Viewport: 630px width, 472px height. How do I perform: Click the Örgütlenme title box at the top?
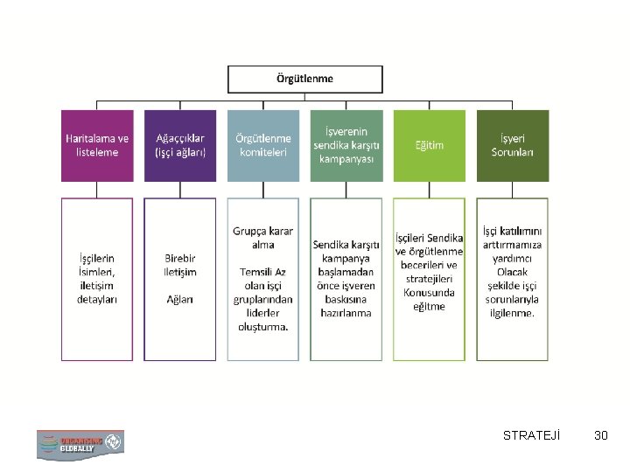[x=304, y=79]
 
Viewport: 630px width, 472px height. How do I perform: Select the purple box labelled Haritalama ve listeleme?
[x=96, y=145]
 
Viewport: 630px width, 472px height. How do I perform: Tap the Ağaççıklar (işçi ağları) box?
[x=179, y=145]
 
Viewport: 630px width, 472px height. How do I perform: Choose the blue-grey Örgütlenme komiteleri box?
[x=262, y=145]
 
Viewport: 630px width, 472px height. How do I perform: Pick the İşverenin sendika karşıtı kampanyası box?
[x=346, y=145]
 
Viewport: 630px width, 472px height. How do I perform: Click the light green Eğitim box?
[x=429, y=145]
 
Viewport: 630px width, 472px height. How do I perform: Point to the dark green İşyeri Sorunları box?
[x=513, y=145]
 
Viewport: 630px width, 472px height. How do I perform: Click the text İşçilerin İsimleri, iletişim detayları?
[x=96, y=278]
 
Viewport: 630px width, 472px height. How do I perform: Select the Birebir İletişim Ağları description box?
[x=179, y=278]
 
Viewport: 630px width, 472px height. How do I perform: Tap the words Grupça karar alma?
[x=262, y=238]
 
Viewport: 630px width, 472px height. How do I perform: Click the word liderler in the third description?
[x=262, y=312]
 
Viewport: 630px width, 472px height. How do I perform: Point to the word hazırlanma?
[x=346, y=312]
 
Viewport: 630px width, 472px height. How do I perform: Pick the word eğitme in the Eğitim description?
[x=429, y=306]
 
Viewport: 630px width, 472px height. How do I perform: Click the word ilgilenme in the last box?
[x=512, y=312]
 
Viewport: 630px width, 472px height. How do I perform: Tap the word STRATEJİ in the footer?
[x=532, y=434]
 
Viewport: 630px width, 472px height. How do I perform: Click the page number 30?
[x=600, y=434]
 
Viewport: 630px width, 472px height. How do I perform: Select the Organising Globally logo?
[x=80, y=443]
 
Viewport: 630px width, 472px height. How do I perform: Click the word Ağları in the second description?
[x=179, y=298]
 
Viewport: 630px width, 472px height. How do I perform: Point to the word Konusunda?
[x=429, y=293]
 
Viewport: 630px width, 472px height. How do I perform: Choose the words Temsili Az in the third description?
[x=262, y=271]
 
